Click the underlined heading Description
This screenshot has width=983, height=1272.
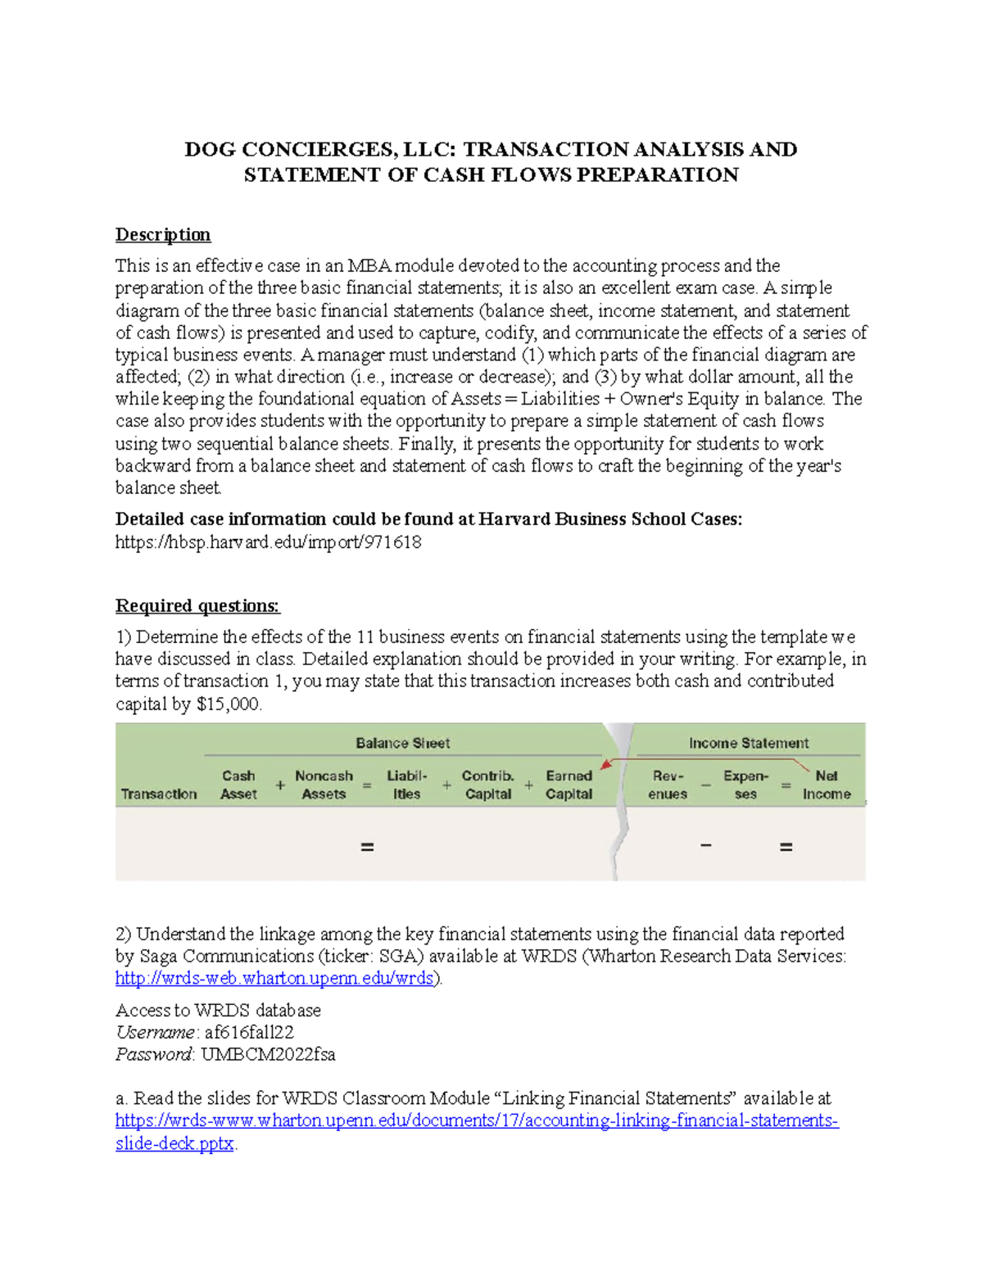pos(162,235)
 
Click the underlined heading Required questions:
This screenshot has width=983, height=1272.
pos(197,606)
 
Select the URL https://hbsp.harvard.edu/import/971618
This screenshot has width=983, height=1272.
pos(268,542)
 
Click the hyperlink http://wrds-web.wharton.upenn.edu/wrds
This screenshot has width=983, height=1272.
pos(274,978)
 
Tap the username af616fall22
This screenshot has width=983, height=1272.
pos(249,1032)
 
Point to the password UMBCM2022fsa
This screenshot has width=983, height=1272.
pos(268,1054)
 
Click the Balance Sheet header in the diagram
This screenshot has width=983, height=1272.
pos(402,744)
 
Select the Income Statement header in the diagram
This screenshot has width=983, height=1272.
pos(748,744)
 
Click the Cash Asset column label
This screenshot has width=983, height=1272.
pos(238,785)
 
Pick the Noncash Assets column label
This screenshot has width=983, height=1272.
pos(324,785)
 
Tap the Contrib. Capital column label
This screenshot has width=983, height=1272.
pos(488,785)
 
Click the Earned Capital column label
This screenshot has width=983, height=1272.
pos(569,785)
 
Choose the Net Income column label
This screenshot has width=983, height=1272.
pos(826,785)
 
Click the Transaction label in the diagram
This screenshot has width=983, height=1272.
pos(159,794)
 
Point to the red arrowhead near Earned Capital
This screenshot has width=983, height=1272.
pos(605,765)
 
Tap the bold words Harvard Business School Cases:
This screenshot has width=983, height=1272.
pos(610,519)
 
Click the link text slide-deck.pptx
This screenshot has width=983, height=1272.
pos(174,1143)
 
